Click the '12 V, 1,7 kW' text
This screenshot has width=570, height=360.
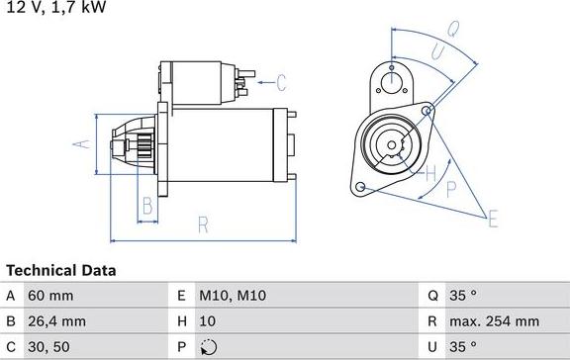click(x=53, y=7)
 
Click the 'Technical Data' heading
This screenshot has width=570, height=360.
click(x=61, y=270)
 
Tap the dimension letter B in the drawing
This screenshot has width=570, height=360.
click(x=146, y=207)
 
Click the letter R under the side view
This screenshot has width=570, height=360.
click(x=204, y=225)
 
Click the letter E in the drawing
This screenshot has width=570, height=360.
click(x=493, y=218)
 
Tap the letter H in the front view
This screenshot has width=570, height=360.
click(x=430, y=175)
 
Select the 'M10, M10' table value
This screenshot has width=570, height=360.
click(x=233, y=296)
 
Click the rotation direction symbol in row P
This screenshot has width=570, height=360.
click(x=206, y=347)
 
